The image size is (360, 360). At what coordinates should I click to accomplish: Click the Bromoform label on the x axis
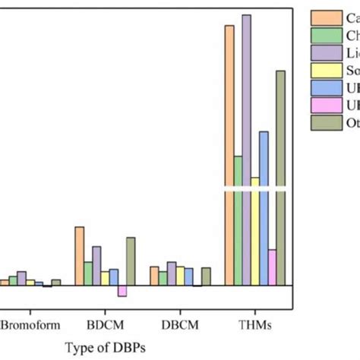(x=30, y=324)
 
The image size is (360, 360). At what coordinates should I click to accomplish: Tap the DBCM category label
(x=180, y=324)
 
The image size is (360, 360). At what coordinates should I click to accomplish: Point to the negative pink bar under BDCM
(x=122, y=291)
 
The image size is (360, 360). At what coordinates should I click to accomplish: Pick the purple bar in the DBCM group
(x=172, y=274)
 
